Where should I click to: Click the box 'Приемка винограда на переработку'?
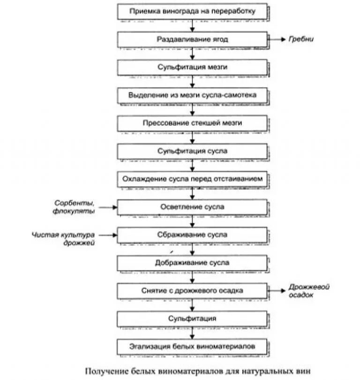click(x=192, y=11)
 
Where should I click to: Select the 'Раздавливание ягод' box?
click(x=192, y=39)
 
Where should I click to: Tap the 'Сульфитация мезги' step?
click(x=192, y=67)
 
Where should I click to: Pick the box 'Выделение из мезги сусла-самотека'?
click(x=192, y=95)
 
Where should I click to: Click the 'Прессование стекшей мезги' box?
click(x=192, y=123)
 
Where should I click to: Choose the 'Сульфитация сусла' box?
click(x=192, y=151)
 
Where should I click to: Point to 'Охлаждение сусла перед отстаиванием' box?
click(x=192, y=179)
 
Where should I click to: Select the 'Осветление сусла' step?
click(x=192, y=206)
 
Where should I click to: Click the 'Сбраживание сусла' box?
click(x=192, y=235)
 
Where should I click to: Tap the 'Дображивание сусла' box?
click(x=192, y=262)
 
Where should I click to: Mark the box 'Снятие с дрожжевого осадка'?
click(x=192, y=290)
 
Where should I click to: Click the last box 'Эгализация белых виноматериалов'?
click(x=192, y=347)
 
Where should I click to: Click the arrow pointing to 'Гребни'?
click(x=277, y=39)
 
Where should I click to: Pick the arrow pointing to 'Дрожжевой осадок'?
click(x=277, y=290)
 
